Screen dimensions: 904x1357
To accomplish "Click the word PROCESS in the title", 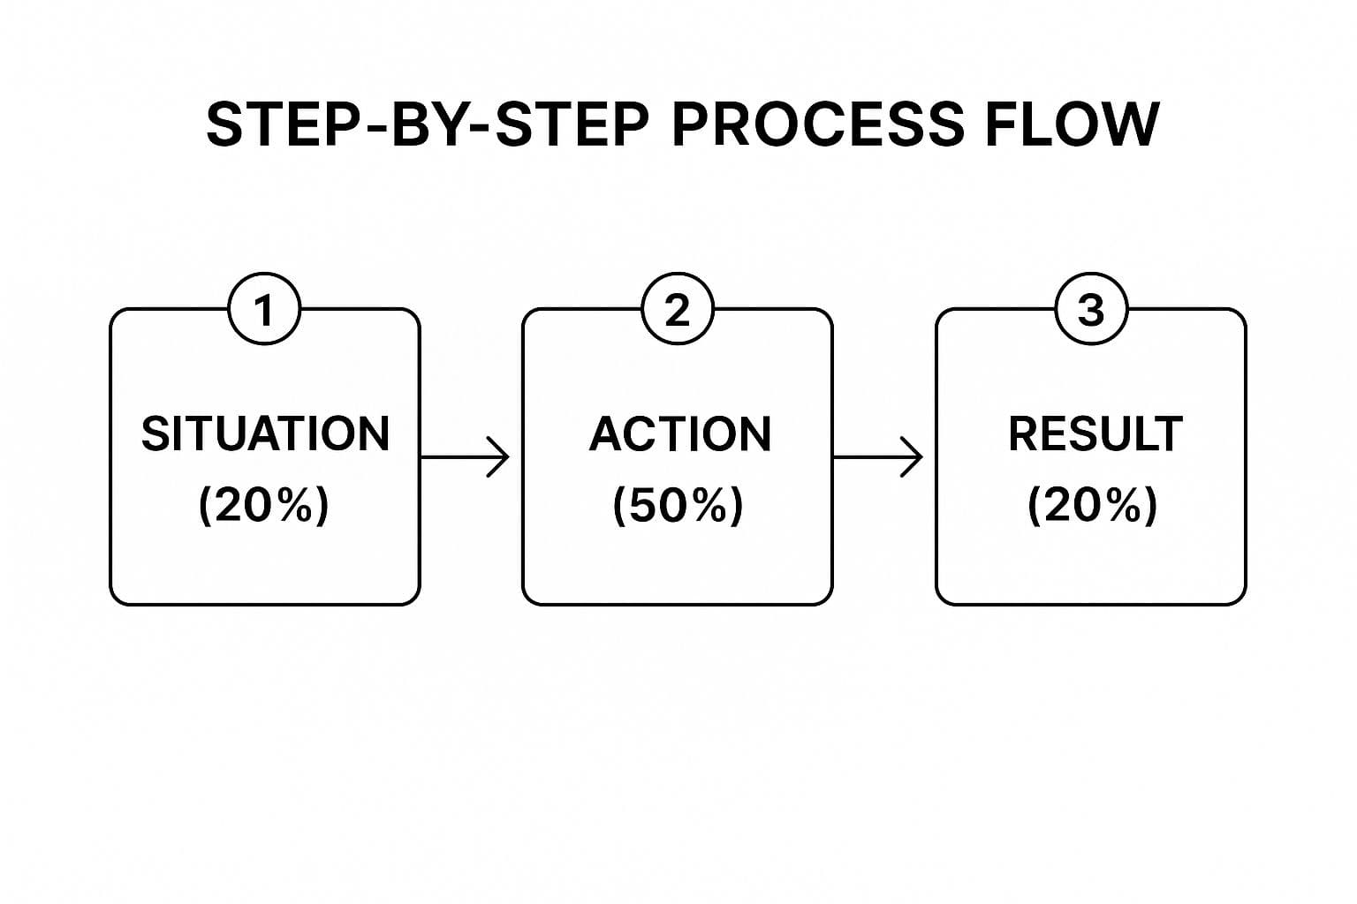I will click(x=817, y=124).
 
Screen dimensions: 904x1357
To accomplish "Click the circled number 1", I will click(x=264, y=310).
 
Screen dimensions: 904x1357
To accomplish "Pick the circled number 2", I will click(x=677, y=310).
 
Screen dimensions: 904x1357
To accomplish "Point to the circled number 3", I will click(x=1091, y=310).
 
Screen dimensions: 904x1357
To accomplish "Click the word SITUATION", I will click(x=265, y=433).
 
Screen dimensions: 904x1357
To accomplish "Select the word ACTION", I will click(x=679, y=433).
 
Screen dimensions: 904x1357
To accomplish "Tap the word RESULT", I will click(x=1095, y=433).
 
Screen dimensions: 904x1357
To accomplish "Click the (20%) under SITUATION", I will click(x=263, y=506).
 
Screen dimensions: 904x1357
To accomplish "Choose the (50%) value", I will click(x=678, y=506).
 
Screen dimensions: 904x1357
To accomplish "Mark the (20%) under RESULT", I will click(x=1092, y=506).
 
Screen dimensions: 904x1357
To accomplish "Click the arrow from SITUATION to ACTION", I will click(x=464, y=457).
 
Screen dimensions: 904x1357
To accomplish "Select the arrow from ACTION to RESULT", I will click(x=876, y=457).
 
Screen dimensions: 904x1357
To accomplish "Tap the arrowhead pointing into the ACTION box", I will click(x=502, y=457).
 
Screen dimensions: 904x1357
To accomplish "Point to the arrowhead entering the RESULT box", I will click(x=914, y=457).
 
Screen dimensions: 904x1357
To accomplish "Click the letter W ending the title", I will click(x=1130, y=124).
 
